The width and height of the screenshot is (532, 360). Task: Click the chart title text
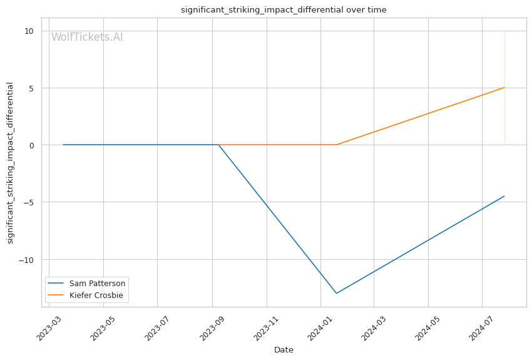(284, 10)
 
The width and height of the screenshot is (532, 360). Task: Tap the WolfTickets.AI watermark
(87, 37)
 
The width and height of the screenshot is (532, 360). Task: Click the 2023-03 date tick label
(48, 327)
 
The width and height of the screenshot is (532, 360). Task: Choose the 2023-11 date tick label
(266, 327)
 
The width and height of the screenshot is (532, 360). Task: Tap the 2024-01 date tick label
(320, 327)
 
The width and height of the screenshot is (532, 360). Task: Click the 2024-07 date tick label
(482, 327)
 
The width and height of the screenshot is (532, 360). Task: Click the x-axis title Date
(284, 350)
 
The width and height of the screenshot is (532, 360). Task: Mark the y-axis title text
(11, 163)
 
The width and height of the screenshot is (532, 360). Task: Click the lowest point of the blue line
(337, 293)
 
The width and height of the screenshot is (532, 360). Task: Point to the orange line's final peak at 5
(504, 88)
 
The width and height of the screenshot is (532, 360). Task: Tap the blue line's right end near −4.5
(504, 196)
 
